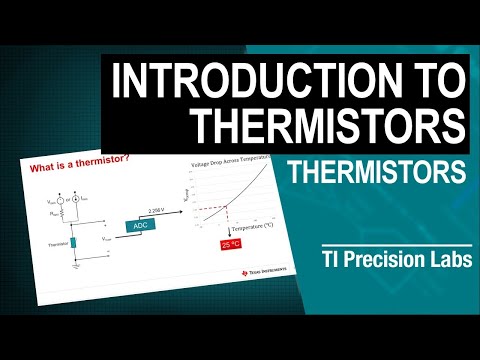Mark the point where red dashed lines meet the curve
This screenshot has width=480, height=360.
coord(227,207)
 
